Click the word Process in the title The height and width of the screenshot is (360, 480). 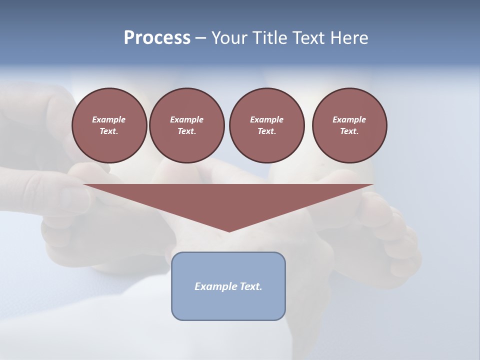click(x=157, y=38)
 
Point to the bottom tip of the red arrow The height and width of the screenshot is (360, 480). click(x=229, y=231)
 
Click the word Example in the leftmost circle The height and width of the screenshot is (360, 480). click(x=109, y=119)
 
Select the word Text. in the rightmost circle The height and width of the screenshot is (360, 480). click(x=349, y=131)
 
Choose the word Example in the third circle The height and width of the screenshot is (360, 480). click(x=266, y=119)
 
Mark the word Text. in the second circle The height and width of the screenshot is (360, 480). click(x=186, y=131)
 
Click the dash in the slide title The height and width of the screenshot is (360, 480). click(x=200, y=38)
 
